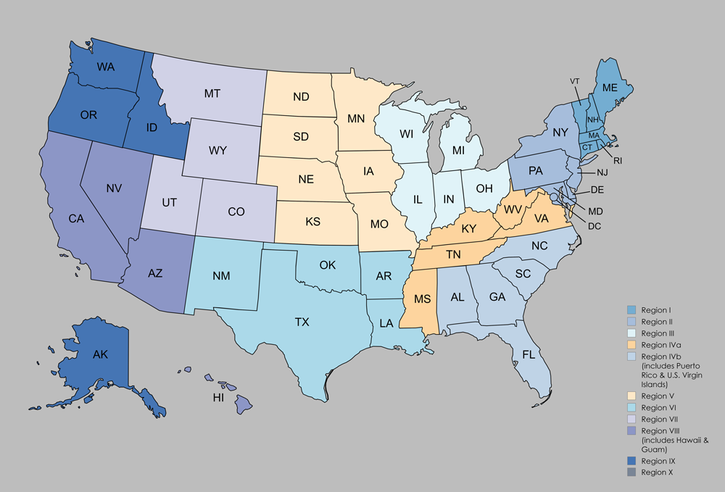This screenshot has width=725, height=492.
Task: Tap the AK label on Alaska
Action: click(100, 355)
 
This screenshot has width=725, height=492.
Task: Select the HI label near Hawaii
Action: click(217, 398)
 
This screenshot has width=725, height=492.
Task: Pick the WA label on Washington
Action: click(107, 67)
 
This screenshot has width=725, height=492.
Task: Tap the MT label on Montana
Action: click(212, 93)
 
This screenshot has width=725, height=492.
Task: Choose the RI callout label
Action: click(618, 161)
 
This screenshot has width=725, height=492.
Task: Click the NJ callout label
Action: click(602, 173)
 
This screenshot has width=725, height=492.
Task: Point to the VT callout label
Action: click(575, 81)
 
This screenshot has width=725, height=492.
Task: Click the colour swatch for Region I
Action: click(631, 311)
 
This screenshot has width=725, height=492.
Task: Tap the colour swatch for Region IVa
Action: click(631, 344)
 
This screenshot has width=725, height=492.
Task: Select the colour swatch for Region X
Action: click(631, 472)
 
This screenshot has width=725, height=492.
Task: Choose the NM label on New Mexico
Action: click(223, 276)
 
